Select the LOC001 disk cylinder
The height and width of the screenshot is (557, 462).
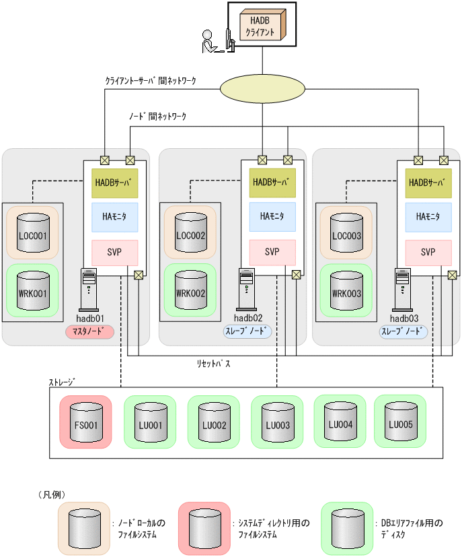(x=33, y=233)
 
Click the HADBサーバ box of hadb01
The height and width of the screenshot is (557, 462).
(x=114, y=183)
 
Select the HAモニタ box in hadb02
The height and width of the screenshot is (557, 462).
(x=272, y=217)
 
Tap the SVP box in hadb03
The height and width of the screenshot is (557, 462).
(x=428, y=253)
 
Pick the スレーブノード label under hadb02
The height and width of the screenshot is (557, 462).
(x=248, y=331)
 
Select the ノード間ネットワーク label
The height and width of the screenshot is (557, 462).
(x=158, y=116)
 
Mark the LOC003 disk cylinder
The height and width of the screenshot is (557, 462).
(x=346, y=233)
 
